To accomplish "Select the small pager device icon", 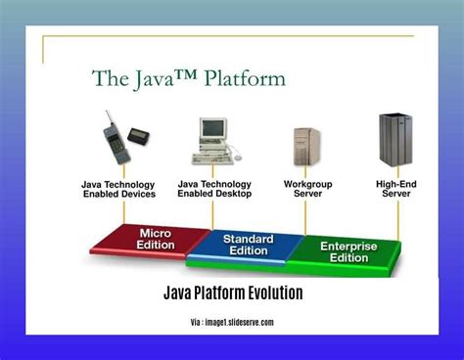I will coord(138,134).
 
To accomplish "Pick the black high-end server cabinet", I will coord(394,141).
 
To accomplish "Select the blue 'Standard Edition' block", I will coord(248,246).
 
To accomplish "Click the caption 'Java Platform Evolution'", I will coord(232,293).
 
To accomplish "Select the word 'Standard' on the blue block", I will coord(248,239).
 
